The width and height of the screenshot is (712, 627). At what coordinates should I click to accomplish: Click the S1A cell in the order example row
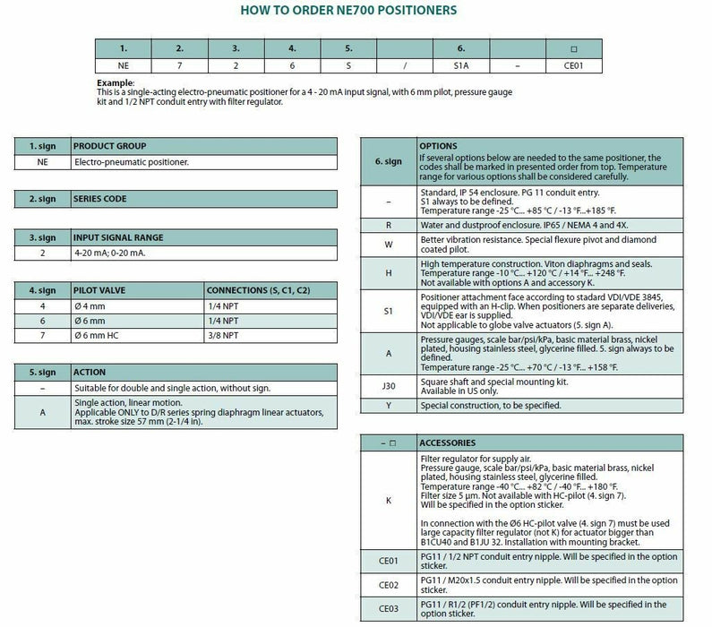[461, 65]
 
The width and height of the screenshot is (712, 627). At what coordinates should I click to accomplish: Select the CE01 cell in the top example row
[573, 65]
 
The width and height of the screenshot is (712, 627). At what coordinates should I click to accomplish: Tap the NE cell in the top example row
[124, 65]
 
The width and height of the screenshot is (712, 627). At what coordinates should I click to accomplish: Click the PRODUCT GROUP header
[109, 146]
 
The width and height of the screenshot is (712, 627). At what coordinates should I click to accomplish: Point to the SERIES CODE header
[100, 199]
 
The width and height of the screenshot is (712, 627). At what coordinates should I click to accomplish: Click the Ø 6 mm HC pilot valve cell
[99, 336]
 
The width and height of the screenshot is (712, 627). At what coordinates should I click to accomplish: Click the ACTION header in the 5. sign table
[90, 372]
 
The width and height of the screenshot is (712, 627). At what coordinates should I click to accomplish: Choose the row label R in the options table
[388, 226]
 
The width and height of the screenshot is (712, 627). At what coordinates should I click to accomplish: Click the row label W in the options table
[388, 245]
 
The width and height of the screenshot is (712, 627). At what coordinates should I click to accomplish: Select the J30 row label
[388, 387]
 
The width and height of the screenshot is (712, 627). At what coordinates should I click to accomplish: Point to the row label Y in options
[388, 406]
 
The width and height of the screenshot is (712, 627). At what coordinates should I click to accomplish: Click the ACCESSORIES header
[448, 442]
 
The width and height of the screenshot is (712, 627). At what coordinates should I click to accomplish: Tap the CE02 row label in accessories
[388, 585]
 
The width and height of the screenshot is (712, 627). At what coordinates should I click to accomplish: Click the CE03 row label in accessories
[388, 609]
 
